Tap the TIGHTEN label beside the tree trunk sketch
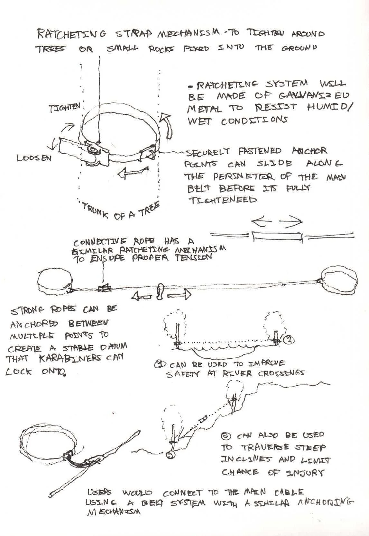coord(64,108)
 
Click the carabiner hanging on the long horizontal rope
coord(160,291)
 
